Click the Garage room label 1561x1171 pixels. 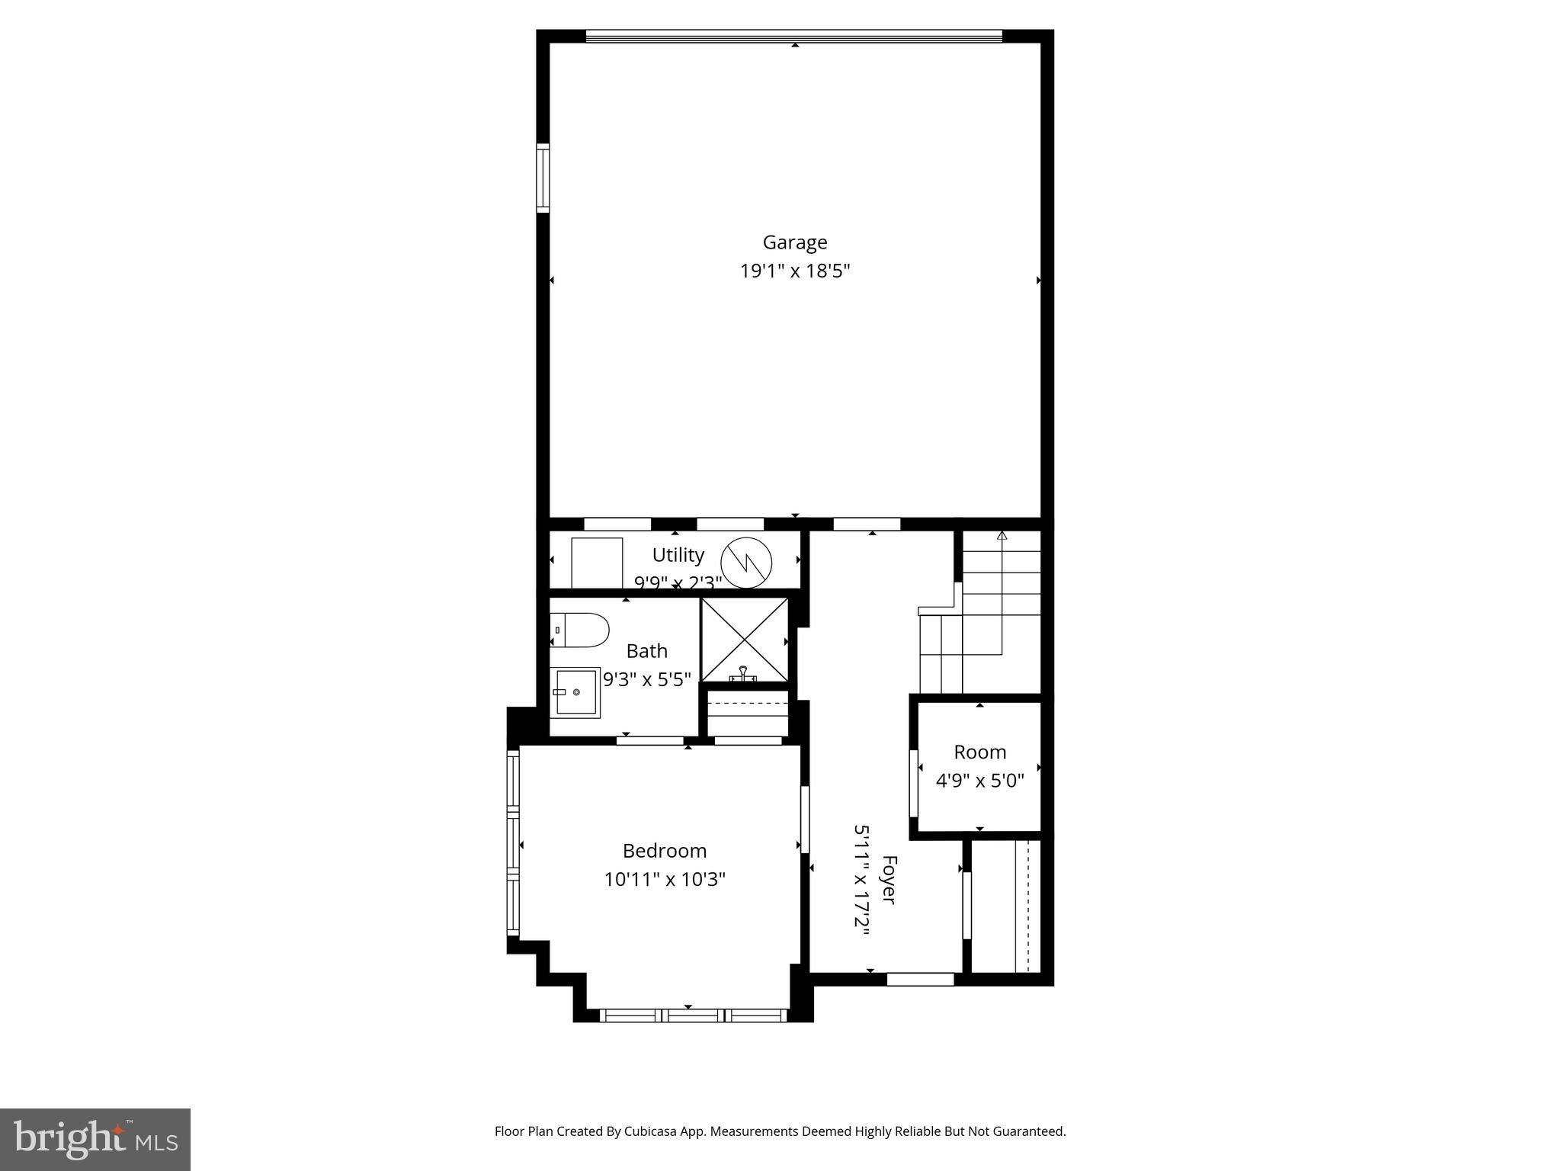[x=794, y=242]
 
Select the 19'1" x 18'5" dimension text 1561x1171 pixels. [x=794, y=271]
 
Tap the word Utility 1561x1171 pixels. [x=678, y=554]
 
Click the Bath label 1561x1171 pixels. [x=646, y=651]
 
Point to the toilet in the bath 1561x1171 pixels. [x=580, y=630]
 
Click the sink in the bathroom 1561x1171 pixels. [x=576, y=692]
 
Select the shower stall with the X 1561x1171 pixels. [x=745, y=640]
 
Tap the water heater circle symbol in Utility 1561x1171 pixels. [x=746, y=563]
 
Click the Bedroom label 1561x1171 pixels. [x=664, y=851]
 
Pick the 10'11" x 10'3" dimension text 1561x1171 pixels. [x=664, y=880]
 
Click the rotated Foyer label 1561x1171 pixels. [x=888, y=880]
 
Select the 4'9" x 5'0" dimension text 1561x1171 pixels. [x=979, y=781]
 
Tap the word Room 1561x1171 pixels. [x=979, y=752]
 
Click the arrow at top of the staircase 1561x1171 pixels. [x=1002, y=536]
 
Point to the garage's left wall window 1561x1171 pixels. [x=543, y=178]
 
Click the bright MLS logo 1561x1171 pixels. [x=95, y=1139]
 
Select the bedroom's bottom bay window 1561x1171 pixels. [x=693, y=1015]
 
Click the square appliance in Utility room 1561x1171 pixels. [x=597, y=563]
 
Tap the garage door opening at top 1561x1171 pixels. [x=793, y=36]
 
